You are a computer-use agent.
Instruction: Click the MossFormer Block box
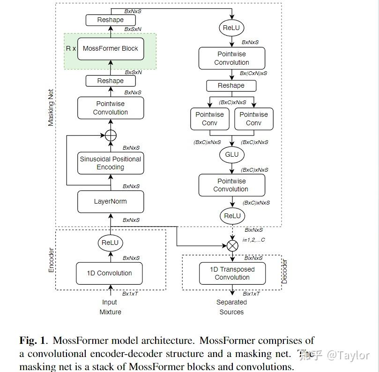[x=110, y=48]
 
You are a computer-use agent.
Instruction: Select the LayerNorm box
[x=110, y=201]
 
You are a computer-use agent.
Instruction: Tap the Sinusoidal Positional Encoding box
[x=110, y=163]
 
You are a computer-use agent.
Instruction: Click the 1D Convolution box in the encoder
[x=109, y=273]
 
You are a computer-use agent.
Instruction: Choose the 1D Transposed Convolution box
[x=232, y=273]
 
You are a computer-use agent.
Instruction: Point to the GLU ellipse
[x=231, y=154]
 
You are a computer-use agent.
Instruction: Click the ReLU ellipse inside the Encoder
[x=110, y=243]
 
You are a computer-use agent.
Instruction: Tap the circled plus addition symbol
[x=110, y=136]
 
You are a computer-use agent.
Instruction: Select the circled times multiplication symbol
[x=232, y=244]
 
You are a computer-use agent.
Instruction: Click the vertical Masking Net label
[x=51, y=107]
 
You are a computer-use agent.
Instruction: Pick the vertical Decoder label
[x=284, y=271]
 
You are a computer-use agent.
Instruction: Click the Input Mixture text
[x=110, y=307]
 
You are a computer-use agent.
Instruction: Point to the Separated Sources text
[x=231, y=307]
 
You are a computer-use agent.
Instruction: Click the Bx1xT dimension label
[x=131, y=294]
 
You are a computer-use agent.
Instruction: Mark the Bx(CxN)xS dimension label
[x=253, y=74]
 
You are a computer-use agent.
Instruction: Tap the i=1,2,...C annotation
[x=253, y=240]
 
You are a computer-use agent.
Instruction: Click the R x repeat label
[x=71, y=48]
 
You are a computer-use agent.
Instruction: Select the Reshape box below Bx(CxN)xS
[x=231, y=86]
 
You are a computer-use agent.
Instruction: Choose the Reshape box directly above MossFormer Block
[x=110, y=20]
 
